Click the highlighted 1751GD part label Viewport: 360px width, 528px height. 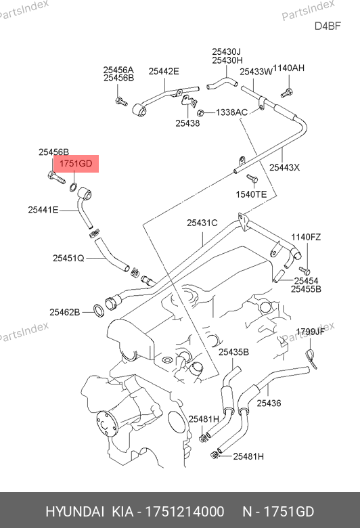(76, 164)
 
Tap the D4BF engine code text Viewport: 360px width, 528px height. (328, 26)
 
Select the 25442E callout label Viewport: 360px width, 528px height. (164, 71)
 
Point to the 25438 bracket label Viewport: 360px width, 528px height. (187, 123)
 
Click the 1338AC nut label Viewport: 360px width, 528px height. (231, 112)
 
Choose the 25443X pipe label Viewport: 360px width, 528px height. (284, 167)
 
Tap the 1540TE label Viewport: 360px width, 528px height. (251, 194)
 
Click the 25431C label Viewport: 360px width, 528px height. (202, 223)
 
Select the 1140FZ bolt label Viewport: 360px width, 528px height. (306, 237)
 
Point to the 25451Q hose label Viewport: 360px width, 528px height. (68, 259)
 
